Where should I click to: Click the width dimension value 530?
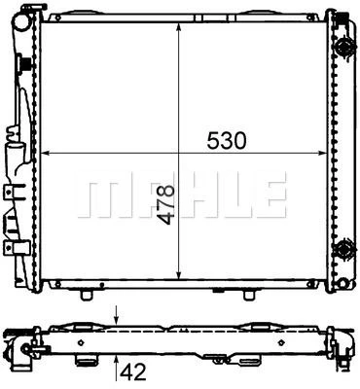click(224, 141)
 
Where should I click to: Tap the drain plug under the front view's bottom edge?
click(89, 293)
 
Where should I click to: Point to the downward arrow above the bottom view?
click(118, 314)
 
